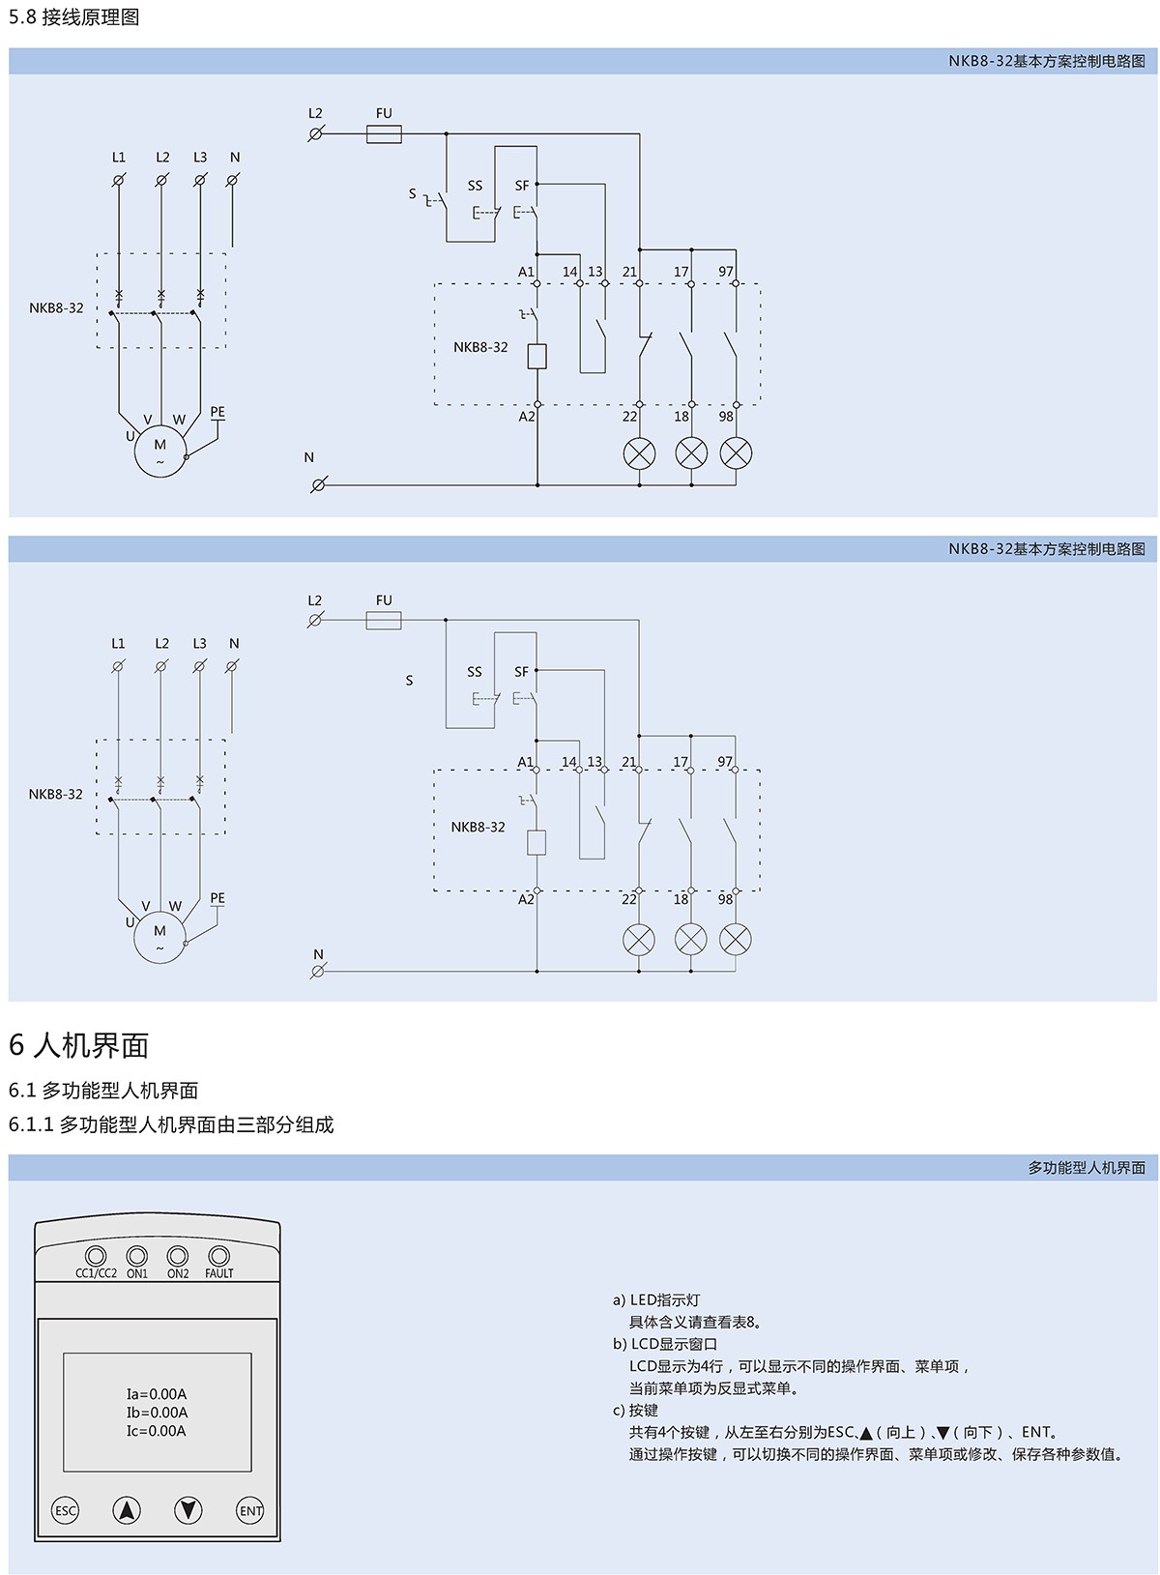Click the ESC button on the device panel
pyautogui.click(x=65, y=1510)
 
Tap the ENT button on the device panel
pyautogui.click(x=250, y=1510)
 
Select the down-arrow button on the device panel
pyautogui.click(x=188, y=1510)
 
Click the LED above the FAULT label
pyautogui.click(x=219, y=1256)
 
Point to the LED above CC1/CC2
pyautogui.click(x=96, y=1256)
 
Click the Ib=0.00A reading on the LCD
pyautogui.click(x=157, y=1413)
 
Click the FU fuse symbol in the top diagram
pyautogui.click(x=384, y=134)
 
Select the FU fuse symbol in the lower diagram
pyautogui.click(x=384, y=621)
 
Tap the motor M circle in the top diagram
pyautogui.click(x=159, y=452)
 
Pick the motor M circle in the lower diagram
pyautogui.click(x=159, y=938)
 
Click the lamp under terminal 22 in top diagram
pyautogui.click(x=639, y=452)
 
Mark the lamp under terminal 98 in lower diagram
pyautogui.click(x=736, y=939)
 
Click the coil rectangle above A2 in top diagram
pyautogui.click(x=537, y=356)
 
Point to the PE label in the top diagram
pyautogui.click(x=217, y=412)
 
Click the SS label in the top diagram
pyautogui.click(x=475, y=186)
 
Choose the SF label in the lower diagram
pyautogui.click(x=522, y=672)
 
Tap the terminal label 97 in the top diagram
pyautogui.click(x=726, y=272)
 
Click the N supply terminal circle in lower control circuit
pyautogui.click(x=317, y=971)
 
